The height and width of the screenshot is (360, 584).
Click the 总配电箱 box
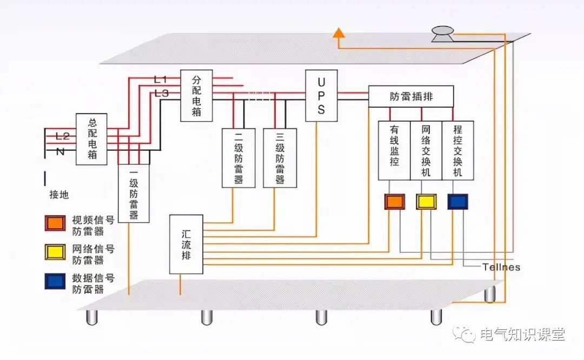91,139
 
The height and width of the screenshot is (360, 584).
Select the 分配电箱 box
196,96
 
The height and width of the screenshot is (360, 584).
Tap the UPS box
321,96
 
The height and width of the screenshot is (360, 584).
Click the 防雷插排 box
412,97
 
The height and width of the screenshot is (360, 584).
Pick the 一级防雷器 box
134,193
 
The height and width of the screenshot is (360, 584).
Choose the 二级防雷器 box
238,158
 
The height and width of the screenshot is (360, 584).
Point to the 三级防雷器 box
280,158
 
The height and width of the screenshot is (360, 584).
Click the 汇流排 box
186,244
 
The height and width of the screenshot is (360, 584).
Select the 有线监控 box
394,150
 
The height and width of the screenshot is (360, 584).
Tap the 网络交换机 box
426,150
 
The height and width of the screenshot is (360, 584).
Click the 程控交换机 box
457,150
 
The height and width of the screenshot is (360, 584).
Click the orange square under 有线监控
394,202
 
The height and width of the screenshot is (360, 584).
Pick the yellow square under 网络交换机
426,202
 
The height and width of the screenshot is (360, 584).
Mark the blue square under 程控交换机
457,202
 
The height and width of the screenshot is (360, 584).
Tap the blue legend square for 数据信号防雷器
55,282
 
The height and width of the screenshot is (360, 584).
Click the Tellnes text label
501,267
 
